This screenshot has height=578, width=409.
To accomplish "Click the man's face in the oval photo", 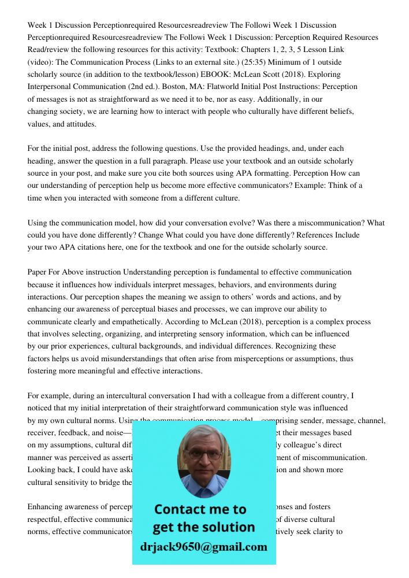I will (203, 454).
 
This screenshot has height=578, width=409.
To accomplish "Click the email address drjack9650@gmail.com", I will (204, 547).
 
